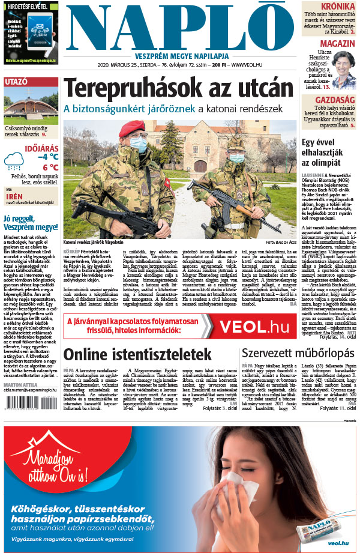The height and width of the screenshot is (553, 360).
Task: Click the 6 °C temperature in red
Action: click(x=50, y=168)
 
